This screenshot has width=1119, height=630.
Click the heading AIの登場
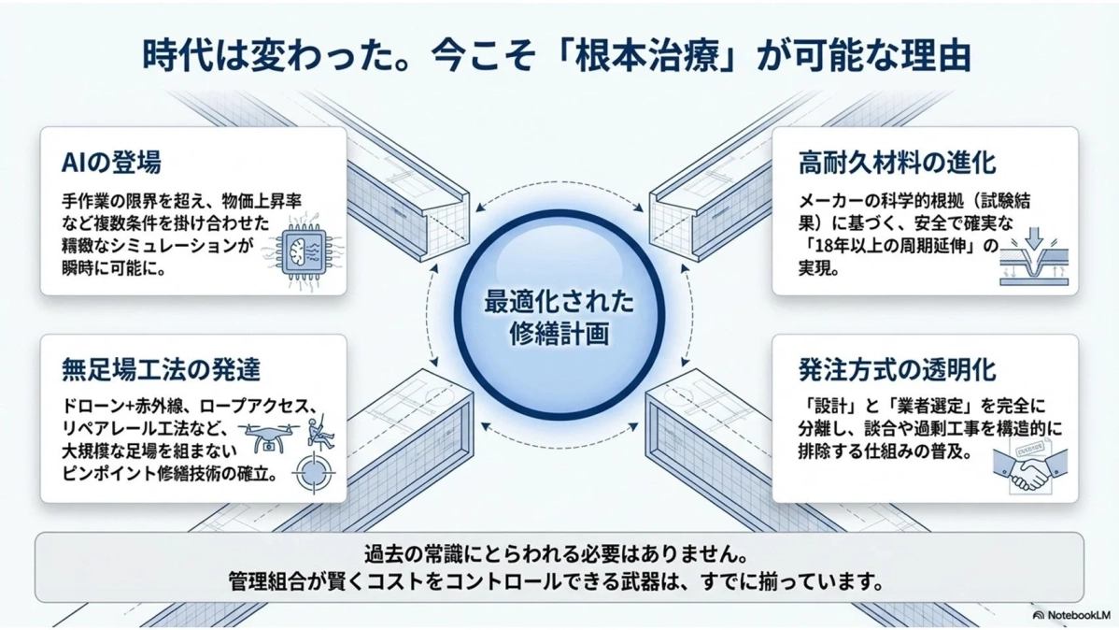(x=111, y=163)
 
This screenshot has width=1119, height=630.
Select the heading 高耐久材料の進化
(x=897, y=163)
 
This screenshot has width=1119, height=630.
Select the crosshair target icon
(x=312, y=473)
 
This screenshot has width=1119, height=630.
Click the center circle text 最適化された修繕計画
(x=559, y=317)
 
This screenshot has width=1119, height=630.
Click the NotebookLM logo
(x=1070, y=615)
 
